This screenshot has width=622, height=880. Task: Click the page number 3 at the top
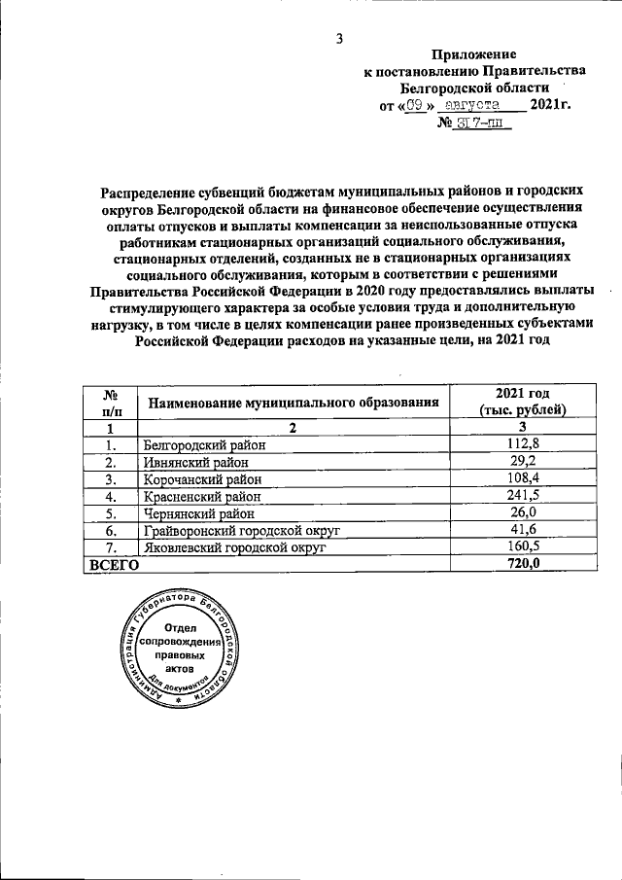pos(339,39)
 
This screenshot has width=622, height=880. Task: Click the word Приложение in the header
pos(473,55)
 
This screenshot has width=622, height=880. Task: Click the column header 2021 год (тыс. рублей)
pos(523,402)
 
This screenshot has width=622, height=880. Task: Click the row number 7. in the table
pos(111,548)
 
